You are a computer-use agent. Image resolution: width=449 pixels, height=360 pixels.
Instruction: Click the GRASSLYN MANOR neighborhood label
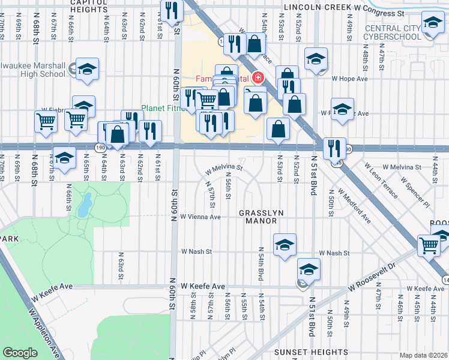(258, 217)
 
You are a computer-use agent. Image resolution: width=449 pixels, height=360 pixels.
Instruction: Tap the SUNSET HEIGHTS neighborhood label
(310, 352)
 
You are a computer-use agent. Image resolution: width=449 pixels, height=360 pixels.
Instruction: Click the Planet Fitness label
(160, 108)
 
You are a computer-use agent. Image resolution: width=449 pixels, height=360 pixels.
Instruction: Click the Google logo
(20, 352)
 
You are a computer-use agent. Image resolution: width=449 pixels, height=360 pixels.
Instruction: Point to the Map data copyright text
(423, 355)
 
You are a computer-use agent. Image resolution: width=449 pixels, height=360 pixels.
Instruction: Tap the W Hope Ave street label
(350, 79)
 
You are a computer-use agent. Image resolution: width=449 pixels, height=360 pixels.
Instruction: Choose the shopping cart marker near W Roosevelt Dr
(429, 245)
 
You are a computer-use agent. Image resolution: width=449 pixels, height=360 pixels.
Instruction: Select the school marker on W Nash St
(285, 244)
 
